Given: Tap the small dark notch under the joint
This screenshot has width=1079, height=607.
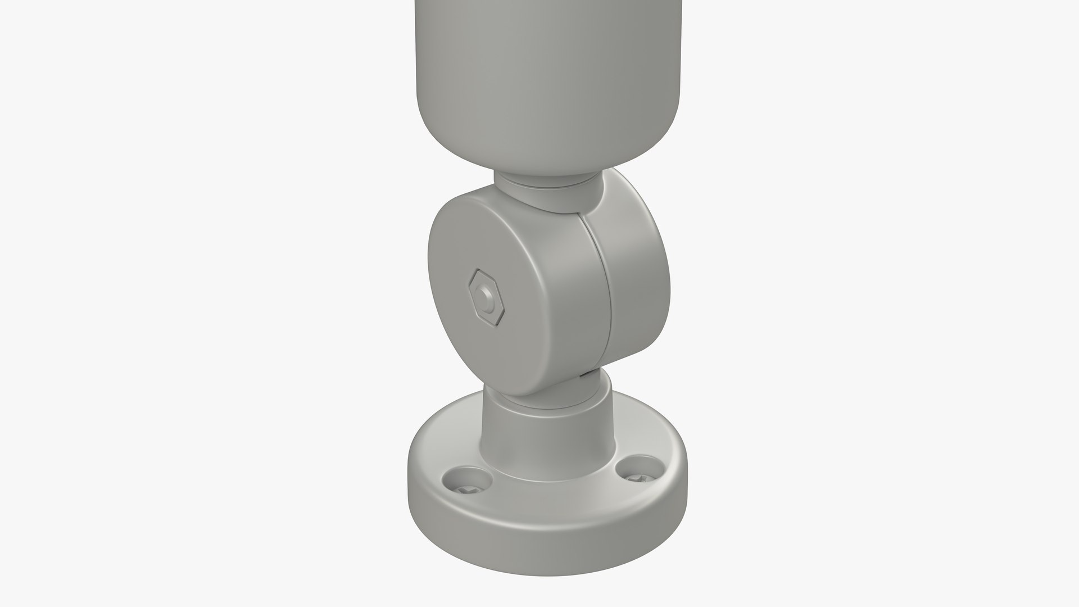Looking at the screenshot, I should (x=587, y=372).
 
